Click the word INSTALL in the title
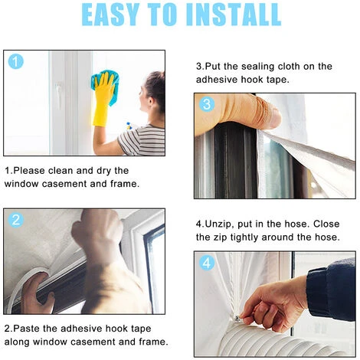pyautogui.click(x=234, y=15)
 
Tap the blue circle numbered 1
pyautogui.click(x=15, y=61)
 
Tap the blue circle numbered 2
pyautogui.click(x=16, y=220)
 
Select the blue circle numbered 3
pyautogui.click(x=207, y=104)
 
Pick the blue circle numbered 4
pyautogui.click(x=207, y=263)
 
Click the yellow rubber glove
pyautogui.click(x=103, y=100)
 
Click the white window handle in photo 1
pyautogui.click(x=59, y=95)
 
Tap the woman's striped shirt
pyautogui.click(x=143, y=140)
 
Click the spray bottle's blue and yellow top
pyautogui.click(x=129, y=126)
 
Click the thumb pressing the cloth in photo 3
pyautogui.click(x=266, y=113)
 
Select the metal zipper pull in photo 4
pyautogui.click(x=238, y=318)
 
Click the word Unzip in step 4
pyautogui.click(x=219, y=224)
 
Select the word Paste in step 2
pyautogui.click(x=28, y=329)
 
